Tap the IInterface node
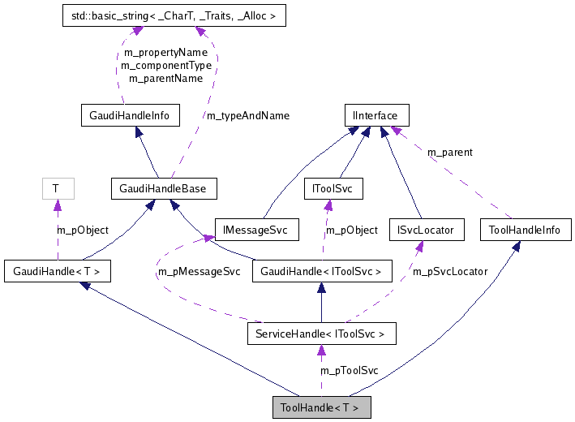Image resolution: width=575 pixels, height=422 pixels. click(x=375, y=115)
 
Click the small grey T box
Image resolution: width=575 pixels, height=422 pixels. click(x=56, y=188)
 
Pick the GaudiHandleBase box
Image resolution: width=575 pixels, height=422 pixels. click(x=163, y=189)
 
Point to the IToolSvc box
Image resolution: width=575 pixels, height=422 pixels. click(x=333, y=189)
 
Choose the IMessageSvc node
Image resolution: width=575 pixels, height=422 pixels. click(x=257, y=230)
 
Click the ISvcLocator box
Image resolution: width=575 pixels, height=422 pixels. click(x=427, y=230)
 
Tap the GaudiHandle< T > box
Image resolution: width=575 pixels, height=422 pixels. click(x=58, y=271)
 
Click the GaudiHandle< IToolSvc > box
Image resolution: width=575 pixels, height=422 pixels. click(x=322, y=271)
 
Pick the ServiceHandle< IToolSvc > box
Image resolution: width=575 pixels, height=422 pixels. click(x=322, y=333)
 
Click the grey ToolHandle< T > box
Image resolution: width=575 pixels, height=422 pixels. click(x=322, y=407)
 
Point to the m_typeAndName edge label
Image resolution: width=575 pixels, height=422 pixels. click(x=247, y=115)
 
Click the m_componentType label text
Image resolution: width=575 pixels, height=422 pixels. click(x=166, y=65)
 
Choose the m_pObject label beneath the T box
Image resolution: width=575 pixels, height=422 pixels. click(x=82, y=230)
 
